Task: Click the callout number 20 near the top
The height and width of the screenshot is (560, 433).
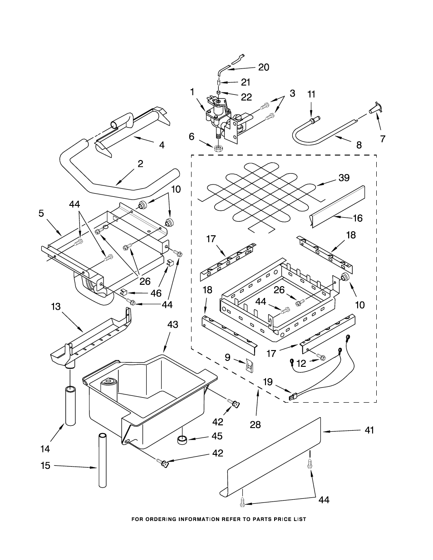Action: pos(263,67)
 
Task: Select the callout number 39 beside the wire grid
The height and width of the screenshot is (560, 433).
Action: pos(344,178)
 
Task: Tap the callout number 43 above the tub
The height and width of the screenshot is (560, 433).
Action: pos(172,325)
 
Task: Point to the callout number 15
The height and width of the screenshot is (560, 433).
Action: pos(45,465)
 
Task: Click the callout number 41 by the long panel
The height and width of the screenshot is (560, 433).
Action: pos(369,430)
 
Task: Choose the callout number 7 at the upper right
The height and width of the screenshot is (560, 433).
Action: pos(383,139)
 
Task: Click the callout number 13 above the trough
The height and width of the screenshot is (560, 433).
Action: pos(55,307)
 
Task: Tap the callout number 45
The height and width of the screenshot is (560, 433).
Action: pos(217,436)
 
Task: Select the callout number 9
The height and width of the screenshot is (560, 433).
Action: pos(227,357)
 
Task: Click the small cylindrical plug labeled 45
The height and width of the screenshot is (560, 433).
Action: pos(182,439)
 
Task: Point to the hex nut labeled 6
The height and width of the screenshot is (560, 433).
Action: pos(218,148)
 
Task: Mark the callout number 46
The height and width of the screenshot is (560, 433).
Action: pos(155,293)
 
